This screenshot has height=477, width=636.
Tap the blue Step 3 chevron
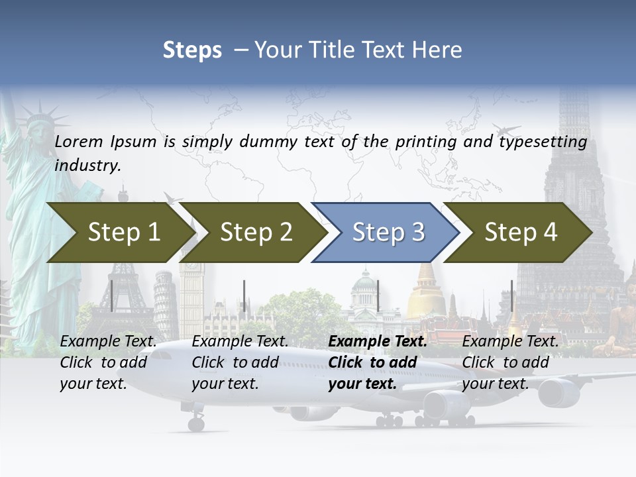pos(388,233)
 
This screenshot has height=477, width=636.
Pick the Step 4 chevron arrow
pos(521,233)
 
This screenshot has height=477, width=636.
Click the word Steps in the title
pos(192,50)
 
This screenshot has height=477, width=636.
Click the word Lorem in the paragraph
pos(79,141)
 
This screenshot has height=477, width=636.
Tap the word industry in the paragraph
pos(87,165)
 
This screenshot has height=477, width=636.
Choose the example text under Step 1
pos(108,362)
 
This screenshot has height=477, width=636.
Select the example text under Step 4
pos(510,362)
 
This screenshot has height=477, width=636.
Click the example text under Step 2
pos(240,362)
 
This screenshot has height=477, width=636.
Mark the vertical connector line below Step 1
pos(112,295)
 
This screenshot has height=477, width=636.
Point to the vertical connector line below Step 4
pos(511,295)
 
